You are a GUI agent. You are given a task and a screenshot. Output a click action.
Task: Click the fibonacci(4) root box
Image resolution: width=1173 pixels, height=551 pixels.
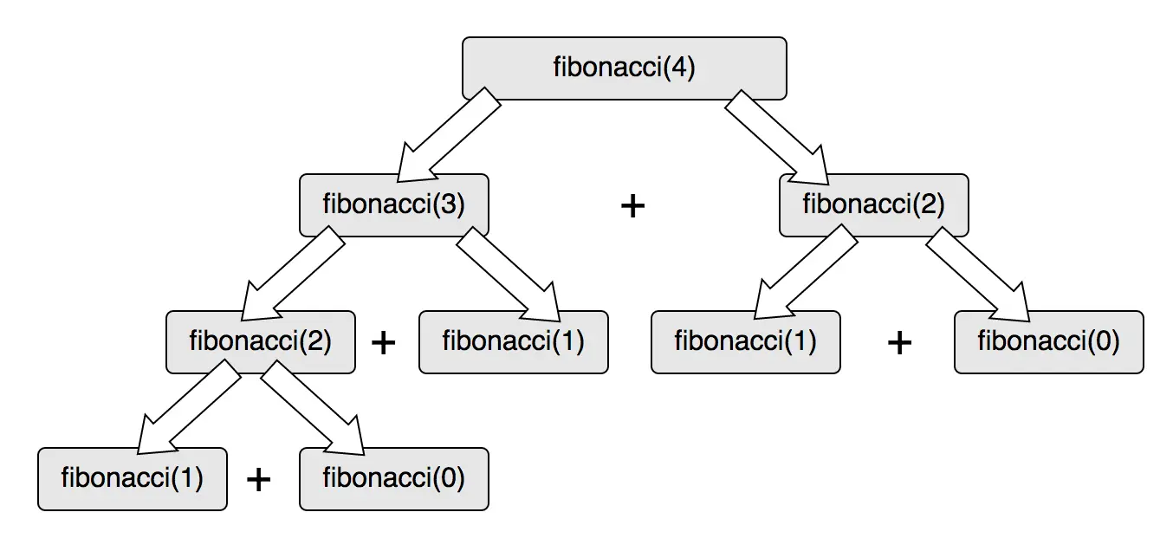pyautogui.click(x=624, y=68)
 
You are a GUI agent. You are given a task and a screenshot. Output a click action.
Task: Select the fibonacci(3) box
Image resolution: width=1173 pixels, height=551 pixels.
pyautogui.click(x=394, y=205)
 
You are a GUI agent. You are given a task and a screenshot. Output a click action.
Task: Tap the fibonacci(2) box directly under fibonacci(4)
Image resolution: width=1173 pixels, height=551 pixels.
pyautogui.click(x=873, y=205)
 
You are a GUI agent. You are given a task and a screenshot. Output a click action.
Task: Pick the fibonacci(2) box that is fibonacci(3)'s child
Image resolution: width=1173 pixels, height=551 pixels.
pyautogui.click(x=261, y=341)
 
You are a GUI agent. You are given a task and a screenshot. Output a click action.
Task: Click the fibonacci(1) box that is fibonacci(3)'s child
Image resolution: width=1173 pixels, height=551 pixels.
pyautogui.click(x=513, y=341)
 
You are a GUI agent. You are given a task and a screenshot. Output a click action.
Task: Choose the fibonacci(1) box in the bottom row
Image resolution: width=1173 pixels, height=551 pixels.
pyautogui.click(x=133, y=478)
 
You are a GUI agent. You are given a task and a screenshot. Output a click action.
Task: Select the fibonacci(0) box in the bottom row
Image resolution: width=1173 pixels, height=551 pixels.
pyautogui.click(x=394, y=478)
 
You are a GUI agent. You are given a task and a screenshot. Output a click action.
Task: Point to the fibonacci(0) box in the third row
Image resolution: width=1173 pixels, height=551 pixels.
pyautogui.click(x=1049, y=341)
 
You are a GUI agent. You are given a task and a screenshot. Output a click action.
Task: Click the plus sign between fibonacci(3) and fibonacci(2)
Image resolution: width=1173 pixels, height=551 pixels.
pyautogui.click(x=633, y=206)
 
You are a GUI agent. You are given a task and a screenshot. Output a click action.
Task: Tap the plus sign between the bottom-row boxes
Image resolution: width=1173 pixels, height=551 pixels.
pyautogui.click(x=259, y=479)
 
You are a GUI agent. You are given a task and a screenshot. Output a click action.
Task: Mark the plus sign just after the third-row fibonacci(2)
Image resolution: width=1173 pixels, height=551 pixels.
pyautogui.click(x=383, y=342)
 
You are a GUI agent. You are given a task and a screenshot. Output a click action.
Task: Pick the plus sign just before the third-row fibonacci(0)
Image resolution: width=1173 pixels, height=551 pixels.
pyautogui.click(x=900, y=343)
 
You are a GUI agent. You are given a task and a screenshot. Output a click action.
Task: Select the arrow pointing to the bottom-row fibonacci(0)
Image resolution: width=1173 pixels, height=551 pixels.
pyautogui.click(x=313, y=409)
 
